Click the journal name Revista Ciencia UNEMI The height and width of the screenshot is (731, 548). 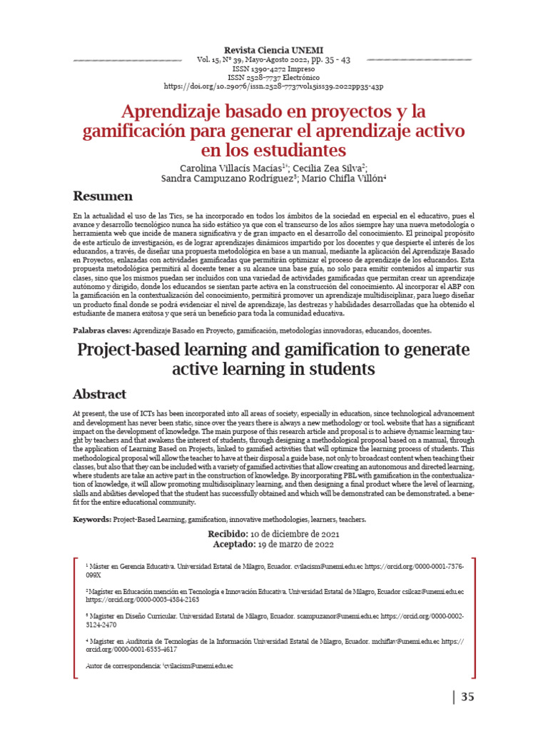tap(273, 50)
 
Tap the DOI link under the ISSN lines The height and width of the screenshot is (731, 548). tap(273, 86)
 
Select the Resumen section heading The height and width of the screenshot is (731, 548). tap(103, 196)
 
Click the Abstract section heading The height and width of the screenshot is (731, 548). tap(100, 394)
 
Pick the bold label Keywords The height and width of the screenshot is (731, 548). tap(93, 519)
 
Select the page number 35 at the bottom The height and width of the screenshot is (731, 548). tap(467, 697)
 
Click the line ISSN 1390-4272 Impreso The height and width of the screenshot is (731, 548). tap(273, 69)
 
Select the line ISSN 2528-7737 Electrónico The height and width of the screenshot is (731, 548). tap(273, 78)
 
